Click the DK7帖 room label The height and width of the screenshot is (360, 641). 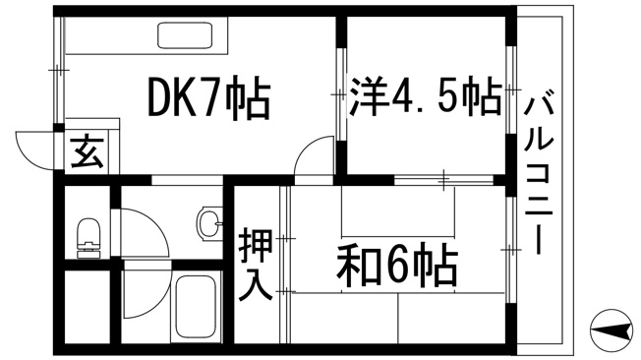pyautogui.click(x=208, y=97)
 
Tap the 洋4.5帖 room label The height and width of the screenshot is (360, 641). pyautogui.click(x=425, y=97)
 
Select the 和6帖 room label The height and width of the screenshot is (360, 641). pyautogui.click(x=396, y=266)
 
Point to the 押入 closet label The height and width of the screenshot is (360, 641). pyautogui.click(x=256, y=266)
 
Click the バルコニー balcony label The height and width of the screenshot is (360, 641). pyautogui.click(x=539, y=176)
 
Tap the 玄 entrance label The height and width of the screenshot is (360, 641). pyautogui.click(x=87, y=151)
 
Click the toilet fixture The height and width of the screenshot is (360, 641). pyautogui.click(x=88, y=238)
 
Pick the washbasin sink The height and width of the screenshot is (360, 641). pyautogui.click(x=210, y=223)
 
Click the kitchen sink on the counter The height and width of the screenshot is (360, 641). pyautogui.click(x=185, y=34)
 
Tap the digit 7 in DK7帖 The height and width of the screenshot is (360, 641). pyautogui.click(x=211, y=98)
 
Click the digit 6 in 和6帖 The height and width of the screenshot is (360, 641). pyautogui.click(x=395, y=266)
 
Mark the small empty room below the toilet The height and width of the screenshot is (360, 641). pyautogui.click(x=87, y=307)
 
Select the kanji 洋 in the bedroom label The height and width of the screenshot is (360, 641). pyautogui.click(x=368, y=97)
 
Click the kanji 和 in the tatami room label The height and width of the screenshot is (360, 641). pyautogui.click(x=357, y=266)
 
